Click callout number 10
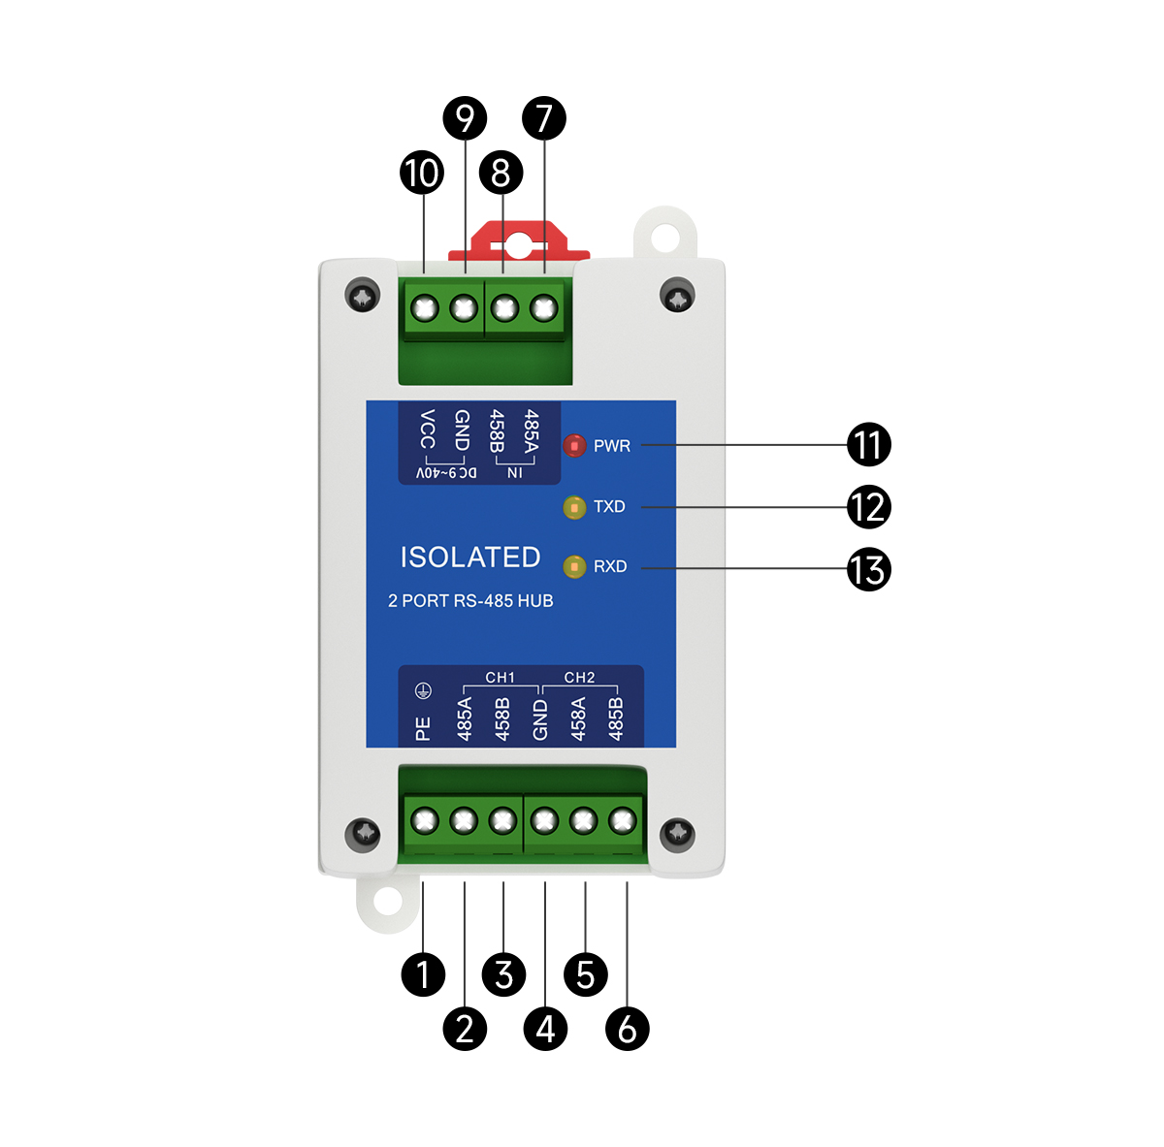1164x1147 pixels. coord(422,174)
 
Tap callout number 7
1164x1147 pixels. coord(543,118)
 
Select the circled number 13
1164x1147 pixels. coord(868,569)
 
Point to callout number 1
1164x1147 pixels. coord(423,973)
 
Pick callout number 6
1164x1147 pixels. coord(627,1028)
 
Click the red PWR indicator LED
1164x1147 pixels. coord(574,446)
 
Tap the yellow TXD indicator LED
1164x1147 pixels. coord(574,507)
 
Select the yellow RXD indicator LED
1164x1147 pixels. coord(574,566)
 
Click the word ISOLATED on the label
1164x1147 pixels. coord(470,558)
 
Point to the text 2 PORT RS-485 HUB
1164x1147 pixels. coord(470,601)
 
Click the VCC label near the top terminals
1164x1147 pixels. coord(427,430)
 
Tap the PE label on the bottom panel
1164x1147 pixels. coord(423,729)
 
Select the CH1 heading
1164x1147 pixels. coord(501,678)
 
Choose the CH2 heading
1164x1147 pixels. coord(579,678)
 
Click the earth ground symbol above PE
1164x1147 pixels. coord(423,691)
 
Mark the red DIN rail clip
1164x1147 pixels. coord(519,241)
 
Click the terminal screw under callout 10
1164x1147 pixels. coord(424,309)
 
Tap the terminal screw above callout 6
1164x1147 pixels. coord(622,822)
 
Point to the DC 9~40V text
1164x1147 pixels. coord(446,473)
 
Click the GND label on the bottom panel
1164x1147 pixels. coord(540,719)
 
